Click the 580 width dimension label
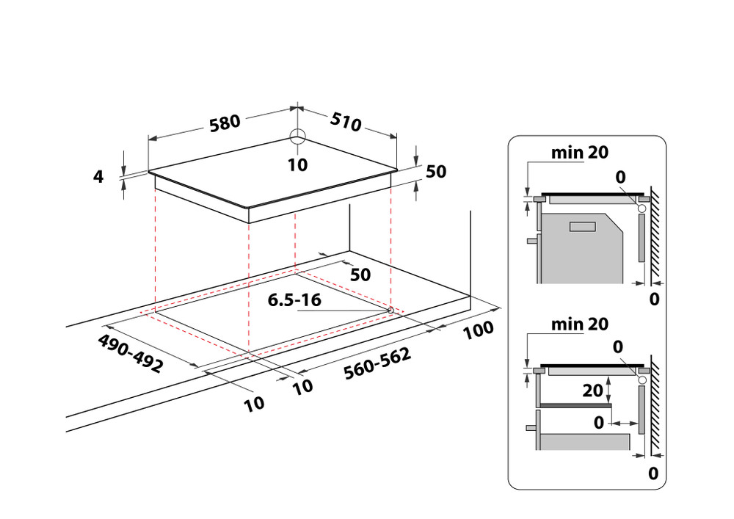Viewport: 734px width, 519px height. point(225,123)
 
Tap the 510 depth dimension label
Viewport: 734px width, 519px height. point(346,121)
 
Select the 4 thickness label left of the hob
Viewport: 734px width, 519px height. point(98,176)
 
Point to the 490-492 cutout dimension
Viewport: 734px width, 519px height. point(131,353)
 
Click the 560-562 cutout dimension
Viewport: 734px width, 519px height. point(377,363)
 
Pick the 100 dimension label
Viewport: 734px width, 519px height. point(478,330)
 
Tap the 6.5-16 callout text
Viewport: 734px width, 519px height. point(294,300)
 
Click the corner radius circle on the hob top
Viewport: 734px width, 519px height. point(297,137)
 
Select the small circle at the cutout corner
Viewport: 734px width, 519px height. point(390,310)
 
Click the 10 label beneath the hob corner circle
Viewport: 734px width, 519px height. point(298,164)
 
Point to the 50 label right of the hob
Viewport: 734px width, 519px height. point(436,172)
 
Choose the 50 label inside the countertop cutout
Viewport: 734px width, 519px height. point(360,275)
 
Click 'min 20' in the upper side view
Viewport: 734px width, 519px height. point(580,152)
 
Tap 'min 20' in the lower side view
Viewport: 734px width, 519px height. point(580,324)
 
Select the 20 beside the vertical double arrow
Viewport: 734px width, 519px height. point(592,391)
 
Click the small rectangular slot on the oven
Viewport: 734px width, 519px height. point(582,227)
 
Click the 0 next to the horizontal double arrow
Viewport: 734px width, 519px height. point(599,423)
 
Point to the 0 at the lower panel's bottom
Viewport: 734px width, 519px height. point(653,473)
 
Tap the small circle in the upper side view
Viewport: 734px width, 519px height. point(642,208)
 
